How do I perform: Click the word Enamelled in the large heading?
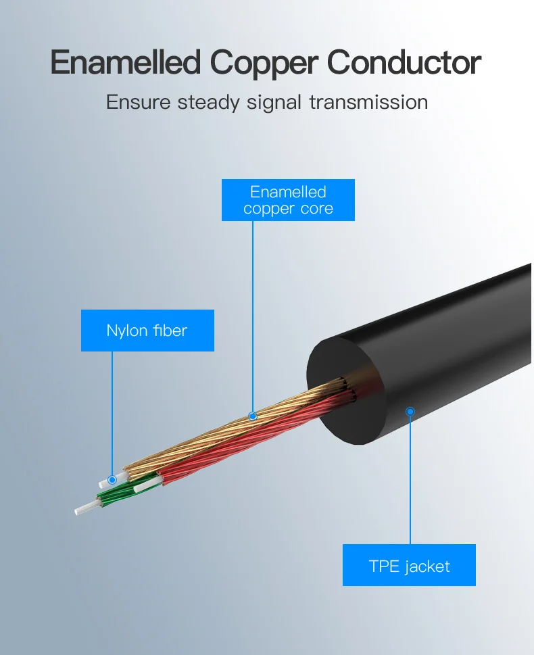click(126, 63)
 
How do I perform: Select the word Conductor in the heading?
click(404, 63)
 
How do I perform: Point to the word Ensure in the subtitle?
click(139, 102)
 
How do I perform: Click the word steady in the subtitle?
click(208, 103)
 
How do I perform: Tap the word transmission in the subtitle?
click(368, 102)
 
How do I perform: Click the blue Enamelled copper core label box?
click(288, 200)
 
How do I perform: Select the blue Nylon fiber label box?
click(147, 331)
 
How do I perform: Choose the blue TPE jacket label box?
click(409, 565)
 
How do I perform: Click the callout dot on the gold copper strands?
click(253, 416)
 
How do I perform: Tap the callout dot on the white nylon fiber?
click(112, 479)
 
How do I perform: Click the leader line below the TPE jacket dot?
click(410, 480)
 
